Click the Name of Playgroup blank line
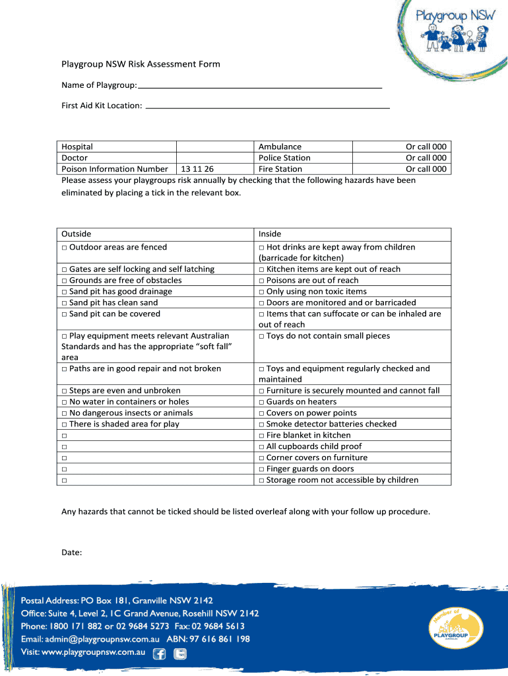click(261, 86)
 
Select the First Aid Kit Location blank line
click(267, 106)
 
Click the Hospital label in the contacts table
click(77, 147)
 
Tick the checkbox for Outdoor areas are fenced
click(64, 248)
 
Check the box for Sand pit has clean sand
click(64, 303)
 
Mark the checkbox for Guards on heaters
click(261, 402)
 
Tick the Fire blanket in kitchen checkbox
click(261, 436)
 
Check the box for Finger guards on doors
click(261, 469)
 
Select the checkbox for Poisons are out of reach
click(261, 281)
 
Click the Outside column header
click(77, 234)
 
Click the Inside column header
click(270, 234)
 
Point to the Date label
click(71, 553)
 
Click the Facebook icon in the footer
click(159, 654)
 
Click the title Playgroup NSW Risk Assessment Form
click(141, 64)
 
